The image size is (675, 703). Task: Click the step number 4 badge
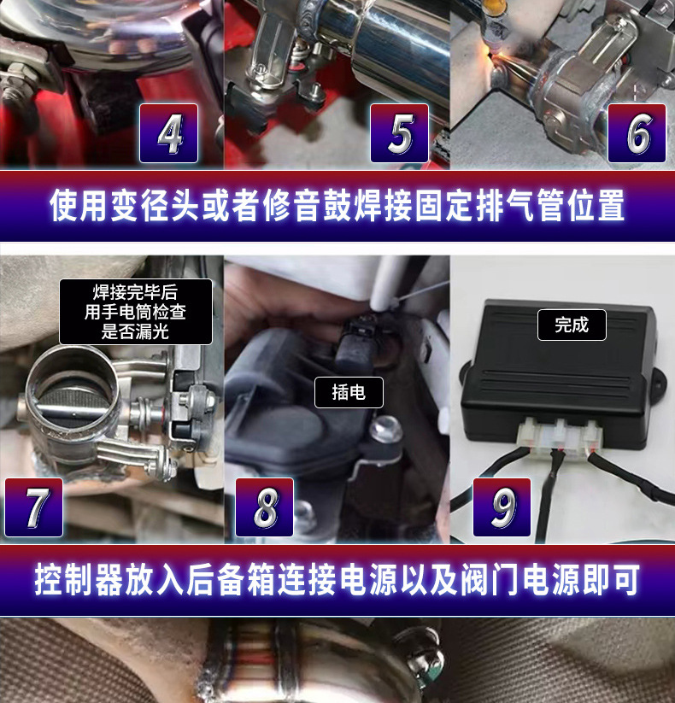point(169,133)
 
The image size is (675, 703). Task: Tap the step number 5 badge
point(399,133)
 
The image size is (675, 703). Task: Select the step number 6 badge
point(637,133)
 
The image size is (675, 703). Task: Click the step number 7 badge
point(34,507)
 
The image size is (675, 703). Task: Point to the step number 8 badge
point(264,507)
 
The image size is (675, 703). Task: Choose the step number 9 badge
point(502,507)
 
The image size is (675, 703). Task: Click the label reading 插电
point(349,392)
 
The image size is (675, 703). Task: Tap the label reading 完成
point(572,325)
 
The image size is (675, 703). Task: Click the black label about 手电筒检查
point(135,312)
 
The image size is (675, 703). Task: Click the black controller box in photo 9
point(560,367)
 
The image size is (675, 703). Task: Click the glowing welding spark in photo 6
point(497,55)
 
